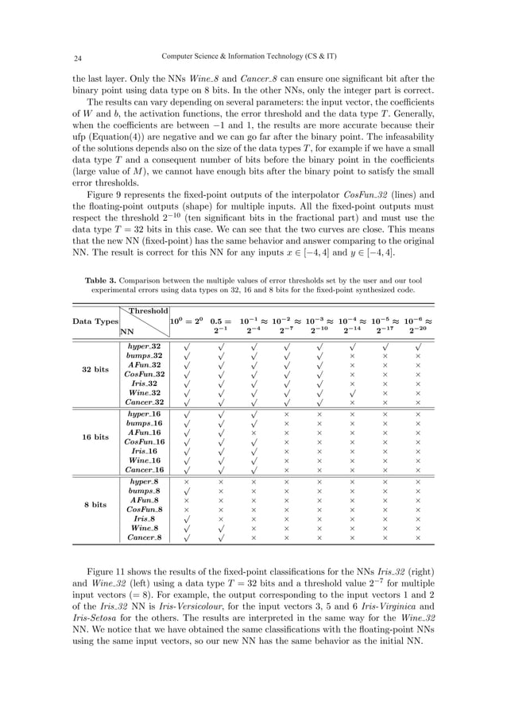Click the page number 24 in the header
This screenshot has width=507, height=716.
point(79,57)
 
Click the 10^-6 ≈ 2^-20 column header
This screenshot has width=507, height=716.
point(418,325)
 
